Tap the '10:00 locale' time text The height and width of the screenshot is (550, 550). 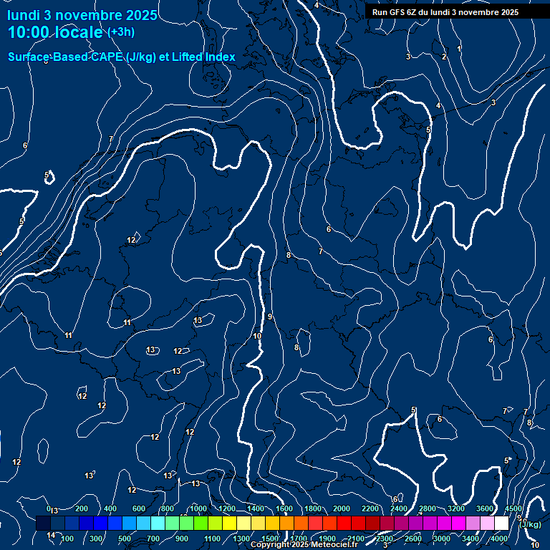pos(54,32)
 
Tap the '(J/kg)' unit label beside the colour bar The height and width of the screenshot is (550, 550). pos(530,524)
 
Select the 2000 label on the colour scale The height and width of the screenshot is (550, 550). pos(342,508)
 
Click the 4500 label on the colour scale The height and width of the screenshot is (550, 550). pos(513,508)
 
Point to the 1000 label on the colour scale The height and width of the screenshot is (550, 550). pos(198,508)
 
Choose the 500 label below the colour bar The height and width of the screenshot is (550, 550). pos(125,539)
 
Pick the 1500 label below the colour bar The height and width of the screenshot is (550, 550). pos(270,539)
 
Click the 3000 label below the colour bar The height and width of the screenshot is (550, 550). pos(442,539)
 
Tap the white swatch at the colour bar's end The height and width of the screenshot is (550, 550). pos(501,524)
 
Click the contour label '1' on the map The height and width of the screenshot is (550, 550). pos(459,49)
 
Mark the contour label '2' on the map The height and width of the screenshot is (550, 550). pos(444,57)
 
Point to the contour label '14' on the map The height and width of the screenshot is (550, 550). pos(51,535)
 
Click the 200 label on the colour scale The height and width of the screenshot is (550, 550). pos(82,508)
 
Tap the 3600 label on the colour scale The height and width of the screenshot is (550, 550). pos(485,508)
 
